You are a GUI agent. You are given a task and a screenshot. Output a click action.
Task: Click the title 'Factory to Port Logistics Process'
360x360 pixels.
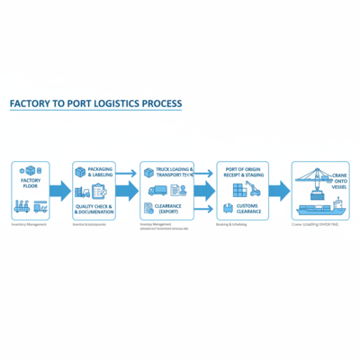pyautogui.click(x=95, y=104)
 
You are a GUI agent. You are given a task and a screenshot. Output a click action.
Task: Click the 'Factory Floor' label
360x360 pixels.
pyautogui.click(x=31, y=186)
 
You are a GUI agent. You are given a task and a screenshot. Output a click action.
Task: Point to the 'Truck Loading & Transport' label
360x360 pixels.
pyautogui.click(x=168, y=173)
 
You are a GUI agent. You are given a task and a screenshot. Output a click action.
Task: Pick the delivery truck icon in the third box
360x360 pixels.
pyautogui.click(x=157, y=190)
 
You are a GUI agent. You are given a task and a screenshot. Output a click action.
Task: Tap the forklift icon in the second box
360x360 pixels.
pyautogui.click(x=82, y=191)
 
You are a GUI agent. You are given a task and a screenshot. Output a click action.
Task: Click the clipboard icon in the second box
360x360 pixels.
pyautogui.click(x=100, y=190)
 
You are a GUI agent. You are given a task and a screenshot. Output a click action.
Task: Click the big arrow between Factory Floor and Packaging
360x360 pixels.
pyautogui.click(x=60, y=191)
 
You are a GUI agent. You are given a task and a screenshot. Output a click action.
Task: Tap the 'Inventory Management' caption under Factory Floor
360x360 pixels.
pyautogui.click(x=30, y=224)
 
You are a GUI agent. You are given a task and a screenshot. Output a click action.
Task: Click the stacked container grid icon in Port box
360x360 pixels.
pyautogui.click(x=238, y=192)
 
